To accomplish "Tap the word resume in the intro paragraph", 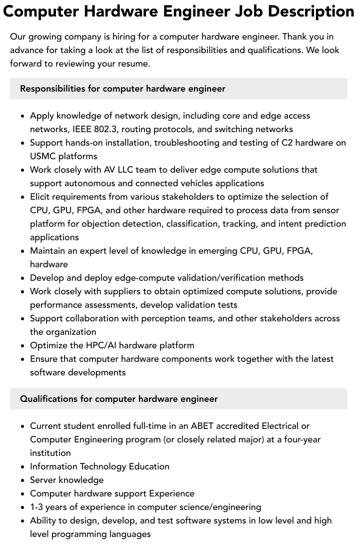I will (135, 64).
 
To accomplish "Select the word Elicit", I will (41, 197).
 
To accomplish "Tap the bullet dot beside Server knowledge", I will (23, 480).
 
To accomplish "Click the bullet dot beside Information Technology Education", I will (23, 467).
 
